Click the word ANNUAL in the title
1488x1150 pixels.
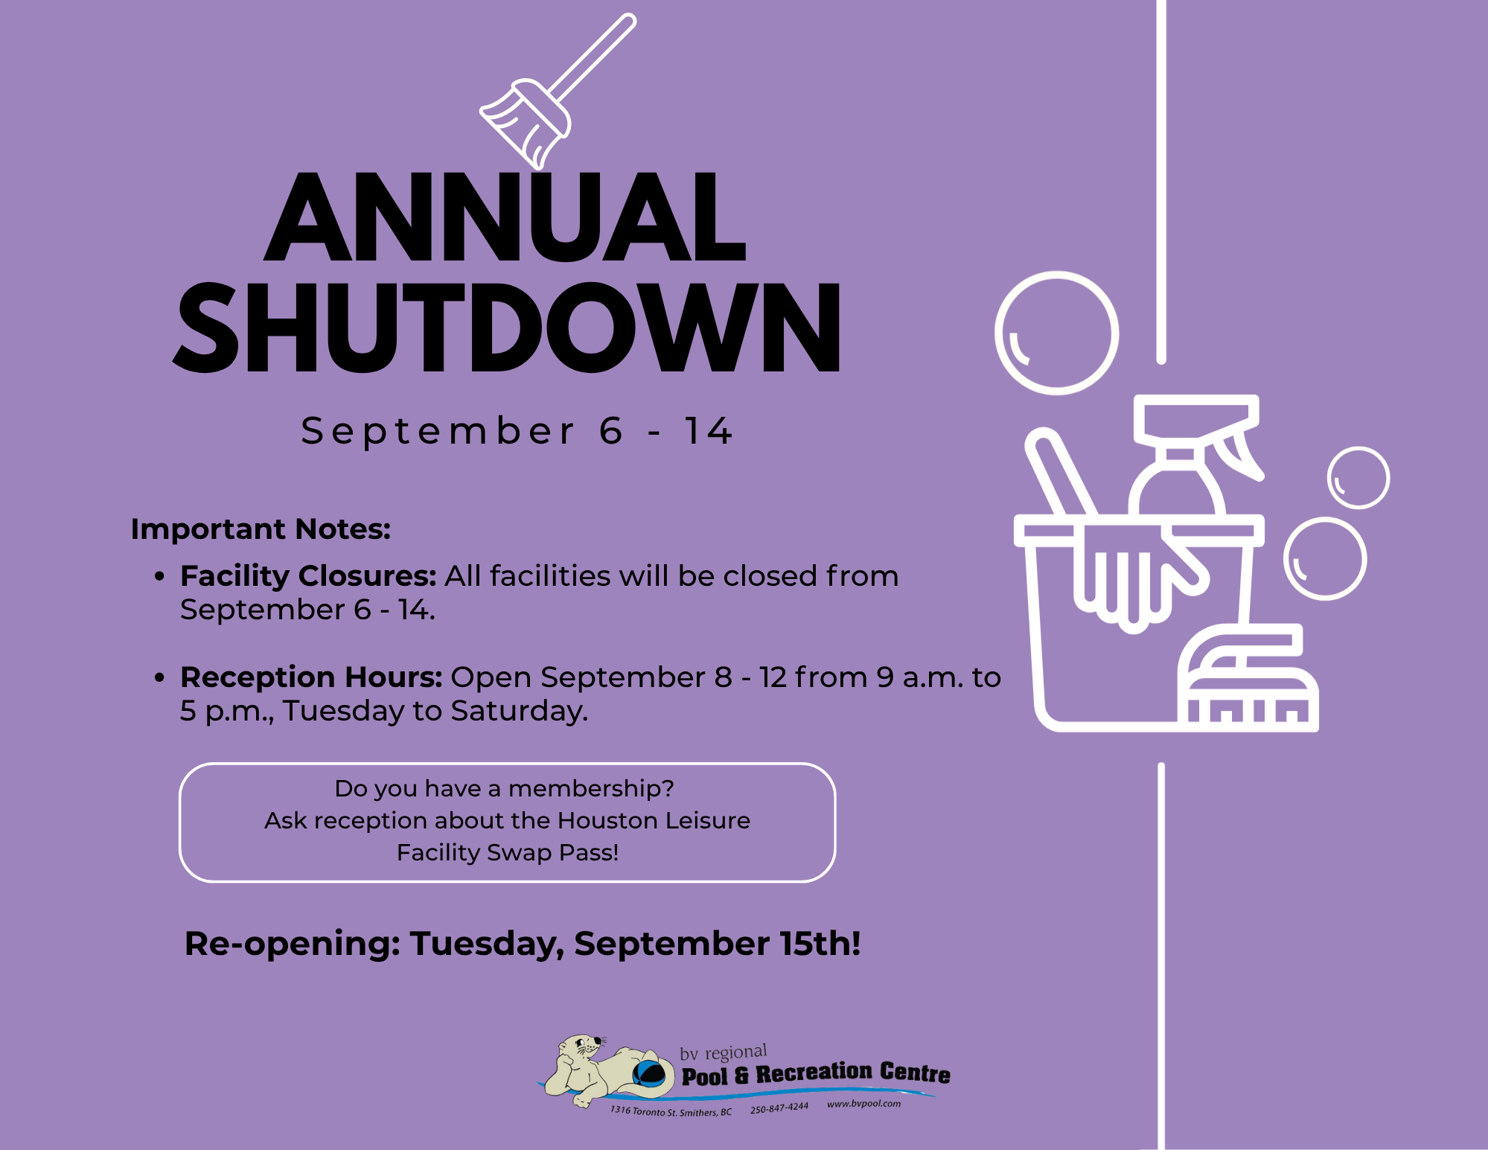(x=505, y=217)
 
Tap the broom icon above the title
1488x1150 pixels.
(x=557, y=92)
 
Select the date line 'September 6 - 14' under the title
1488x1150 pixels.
(x=517, y=431)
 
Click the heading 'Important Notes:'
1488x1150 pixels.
(x=261, y=529)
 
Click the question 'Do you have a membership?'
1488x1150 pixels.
(x=504, y=788)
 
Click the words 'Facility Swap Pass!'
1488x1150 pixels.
(x=508, y=852)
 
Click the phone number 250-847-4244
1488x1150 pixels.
(x=779, y=1108)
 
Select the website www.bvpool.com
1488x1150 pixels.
(x=863, y=1104)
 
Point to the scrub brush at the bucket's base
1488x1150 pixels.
(x=1248, y=678)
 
